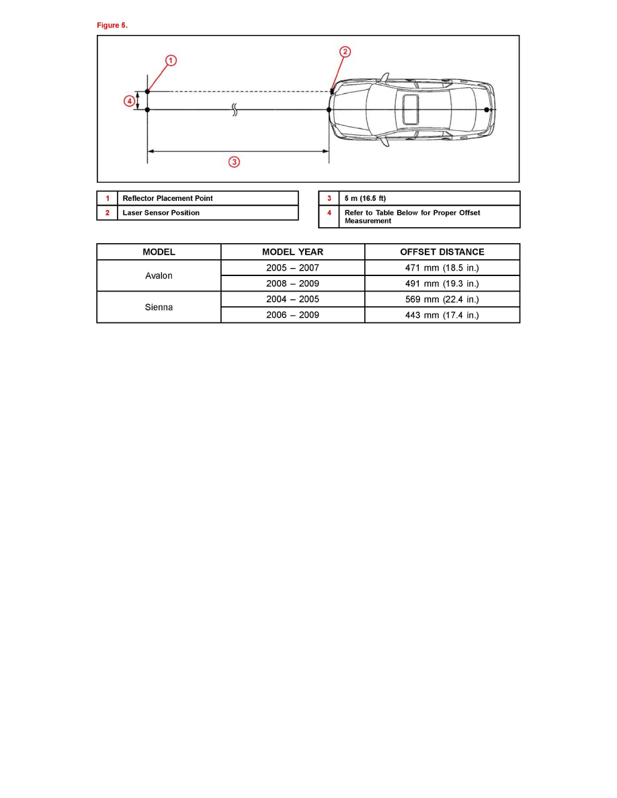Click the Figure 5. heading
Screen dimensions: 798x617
[112, 26]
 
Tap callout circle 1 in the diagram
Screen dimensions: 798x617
[171, 61]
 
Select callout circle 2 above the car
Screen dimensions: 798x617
[344, 52]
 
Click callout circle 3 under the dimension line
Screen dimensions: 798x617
[234, 162]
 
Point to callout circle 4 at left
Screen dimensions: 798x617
[128, 101]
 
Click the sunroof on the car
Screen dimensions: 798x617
[410, 108]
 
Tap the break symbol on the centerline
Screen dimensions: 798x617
[235, 110]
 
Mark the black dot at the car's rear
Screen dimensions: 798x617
[487, 109]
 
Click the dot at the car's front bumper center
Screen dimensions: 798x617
[329, 109]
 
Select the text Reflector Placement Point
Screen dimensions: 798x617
[167, 199]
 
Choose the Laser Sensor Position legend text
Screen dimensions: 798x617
[161, 213]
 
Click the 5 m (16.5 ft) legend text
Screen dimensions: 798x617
[365, 199]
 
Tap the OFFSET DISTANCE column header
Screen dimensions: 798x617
[442, 252]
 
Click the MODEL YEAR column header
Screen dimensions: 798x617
[292, 252]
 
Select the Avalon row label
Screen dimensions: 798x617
[159, 276]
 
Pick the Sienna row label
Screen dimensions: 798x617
[159, 307]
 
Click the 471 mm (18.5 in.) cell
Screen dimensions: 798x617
[442, 268]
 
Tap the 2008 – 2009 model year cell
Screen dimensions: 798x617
[292, 283]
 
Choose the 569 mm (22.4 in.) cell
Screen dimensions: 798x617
[442, 300]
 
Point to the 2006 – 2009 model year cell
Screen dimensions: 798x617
[292, 315]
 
